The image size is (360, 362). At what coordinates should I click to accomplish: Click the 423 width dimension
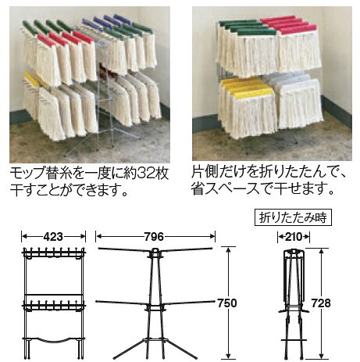pos(53,237)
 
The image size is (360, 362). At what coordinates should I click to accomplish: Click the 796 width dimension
pos(155,237)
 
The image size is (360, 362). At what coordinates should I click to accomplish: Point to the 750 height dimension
pos(227,303)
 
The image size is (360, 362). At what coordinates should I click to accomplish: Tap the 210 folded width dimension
pos(294,237)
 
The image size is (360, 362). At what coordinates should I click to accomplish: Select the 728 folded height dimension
pos(321,303)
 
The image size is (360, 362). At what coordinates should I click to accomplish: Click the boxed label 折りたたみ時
pos(293,217)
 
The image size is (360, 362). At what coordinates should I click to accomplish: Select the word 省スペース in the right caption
pos(226,189)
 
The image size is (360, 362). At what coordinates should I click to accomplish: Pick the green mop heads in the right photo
pos(247,27)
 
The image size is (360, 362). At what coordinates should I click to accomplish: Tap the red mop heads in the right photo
pos(290,25)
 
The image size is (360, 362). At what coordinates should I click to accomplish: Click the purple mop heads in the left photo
pos(107,21)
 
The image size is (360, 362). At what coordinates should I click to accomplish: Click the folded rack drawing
pos(294,303)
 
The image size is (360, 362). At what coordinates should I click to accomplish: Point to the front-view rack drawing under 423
pos(54,303)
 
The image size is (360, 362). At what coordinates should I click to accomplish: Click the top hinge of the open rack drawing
pos(155,252)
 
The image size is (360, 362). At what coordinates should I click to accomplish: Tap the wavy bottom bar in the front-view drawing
pos(54,339)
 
